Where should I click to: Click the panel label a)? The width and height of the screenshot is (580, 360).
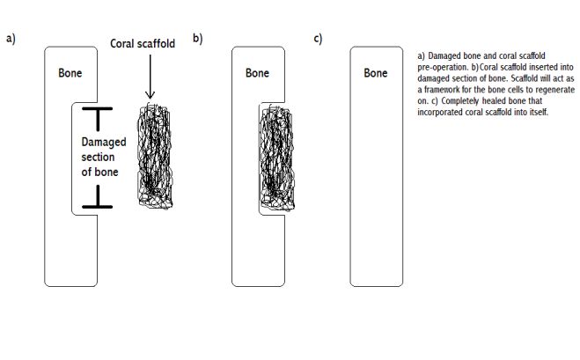point(11,38)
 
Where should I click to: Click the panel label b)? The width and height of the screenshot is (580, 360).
point(197,38)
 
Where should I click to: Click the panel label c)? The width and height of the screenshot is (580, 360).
point(318,38)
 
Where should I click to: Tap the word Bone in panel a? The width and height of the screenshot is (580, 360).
point(70,73)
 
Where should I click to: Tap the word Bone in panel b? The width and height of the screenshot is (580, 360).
point(257,73)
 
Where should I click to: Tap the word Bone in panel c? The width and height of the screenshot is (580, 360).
point(376,73)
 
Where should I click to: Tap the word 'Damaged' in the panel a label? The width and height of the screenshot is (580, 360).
point(104,142)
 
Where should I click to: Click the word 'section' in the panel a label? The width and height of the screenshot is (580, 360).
point(98,157)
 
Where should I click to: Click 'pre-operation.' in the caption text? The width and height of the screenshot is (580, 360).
point(444,68)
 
